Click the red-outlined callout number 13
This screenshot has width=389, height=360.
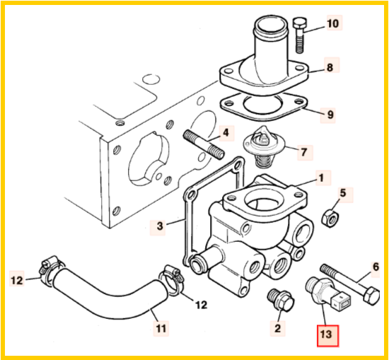point(327,335)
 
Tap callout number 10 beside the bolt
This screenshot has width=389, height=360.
point(333,23)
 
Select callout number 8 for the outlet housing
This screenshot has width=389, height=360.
point(330,67)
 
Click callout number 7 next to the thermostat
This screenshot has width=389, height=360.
point(304,152)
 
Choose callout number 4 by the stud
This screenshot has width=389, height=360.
point(226,132)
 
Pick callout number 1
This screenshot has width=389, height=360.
point(321,178)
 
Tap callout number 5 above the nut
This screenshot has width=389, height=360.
point(343,193)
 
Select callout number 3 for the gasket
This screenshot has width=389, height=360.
point(160,226)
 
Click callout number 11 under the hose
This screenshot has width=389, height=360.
point(161,328)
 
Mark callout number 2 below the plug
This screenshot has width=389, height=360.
point(278,328)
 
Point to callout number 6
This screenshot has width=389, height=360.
point(376,267)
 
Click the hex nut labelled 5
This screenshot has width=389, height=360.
point(330,218)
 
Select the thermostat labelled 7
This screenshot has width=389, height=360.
point(264,146)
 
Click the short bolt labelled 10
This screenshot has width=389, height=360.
point(300,35)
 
